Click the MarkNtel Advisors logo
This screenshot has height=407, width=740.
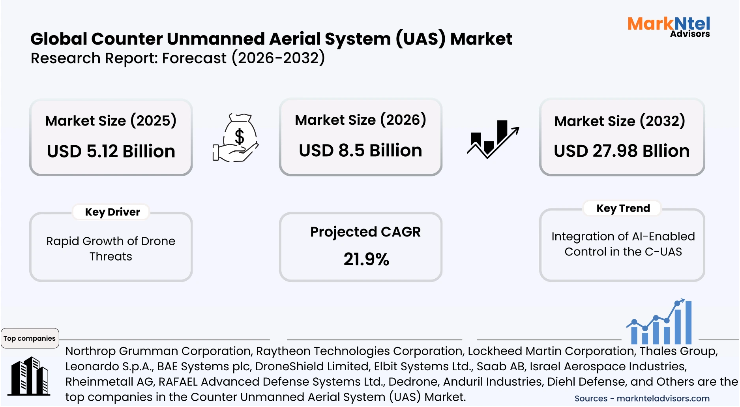669,26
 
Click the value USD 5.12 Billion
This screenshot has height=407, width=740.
111,151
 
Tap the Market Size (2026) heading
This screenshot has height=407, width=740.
360,120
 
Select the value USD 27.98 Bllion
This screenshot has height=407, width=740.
622,151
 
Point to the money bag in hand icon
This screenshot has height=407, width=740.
236,138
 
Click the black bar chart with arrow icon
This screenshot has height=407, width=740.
493,139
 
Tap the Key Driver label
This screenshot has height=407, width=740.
112,212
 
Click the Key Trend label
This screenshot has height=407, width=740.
623,208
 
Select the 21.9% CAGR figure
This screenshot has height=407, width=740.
366,259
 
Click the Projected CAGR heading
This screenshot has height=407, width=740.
365,232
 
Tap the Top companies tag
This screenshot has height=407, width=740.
30,338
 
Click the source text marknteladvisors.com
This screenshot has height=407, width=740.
663,398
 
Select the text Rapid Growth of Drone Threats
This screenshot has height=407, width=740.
111,248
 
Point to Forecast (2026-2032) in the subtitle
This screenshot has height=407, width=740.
243,58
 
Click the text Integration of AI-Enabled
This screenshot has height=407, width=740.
623,236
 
